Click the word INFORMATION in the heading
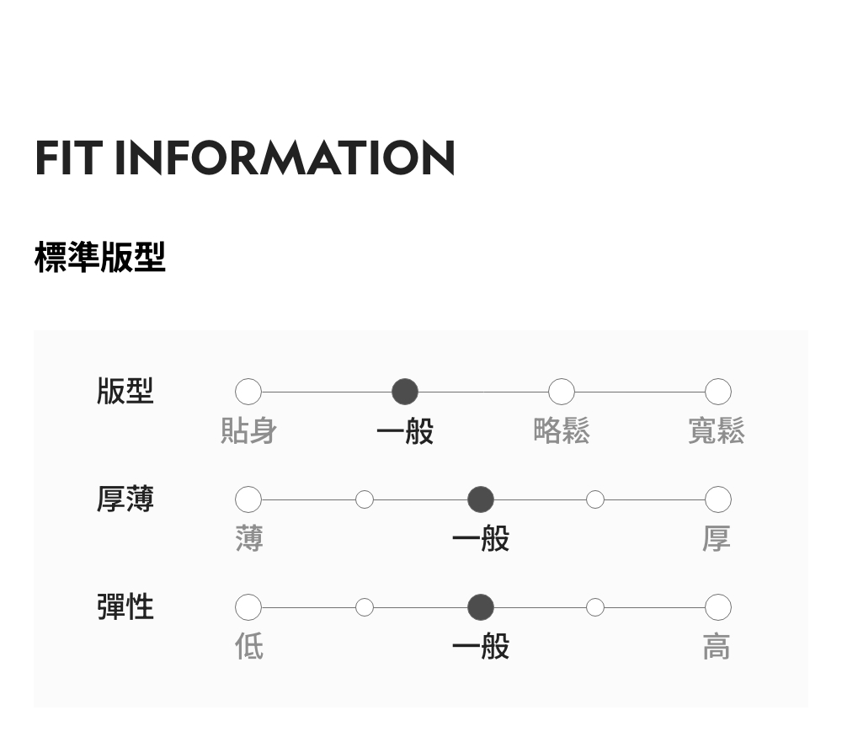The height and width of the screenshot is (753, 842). (x=285, y=158)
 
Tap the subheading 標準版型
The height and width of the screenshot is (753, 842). (x=100, y=257)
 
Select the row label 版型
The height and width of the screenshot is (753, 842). (x=125, y=392)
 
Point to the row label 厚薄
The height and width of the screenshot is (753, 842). (x=125, y=499)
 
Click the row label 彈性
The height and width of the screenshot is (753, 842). (x=125, y=606)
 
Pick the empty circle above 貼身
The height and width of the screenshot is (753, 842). (x=248, y=392)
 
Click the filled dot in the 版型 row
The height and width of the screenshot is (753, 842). (x=405, y=392)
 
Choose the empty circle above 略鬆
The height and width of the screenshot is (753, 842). (x=562, y=392)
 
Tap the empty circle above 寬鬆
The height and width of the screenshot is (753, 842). (x=717, y=392)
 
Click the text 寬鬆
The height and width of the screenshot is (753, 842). (x=717, y=431)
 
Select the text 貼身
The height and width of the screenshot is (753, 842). (x=248, y=431)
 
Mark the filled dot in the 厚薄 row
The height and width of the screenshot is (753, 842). (x=481, y=499)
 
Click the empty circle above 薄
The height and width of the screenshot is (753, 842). (x=248, y=499)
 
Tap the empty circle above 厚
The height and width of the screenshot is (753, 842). (x=717, y=499)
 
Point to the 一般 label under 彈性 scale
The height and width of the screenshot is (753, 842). (x=481, y=647)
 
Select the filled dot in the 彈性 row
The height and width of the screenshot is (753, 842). (x=481, y=607)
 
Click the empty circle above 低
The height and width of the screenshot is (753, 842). (x=248, y=607)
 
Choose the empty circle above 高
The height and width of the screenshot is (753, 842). (x=717, y=607)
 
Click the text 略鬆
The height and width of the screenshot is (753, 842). (x=562, y=431)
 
